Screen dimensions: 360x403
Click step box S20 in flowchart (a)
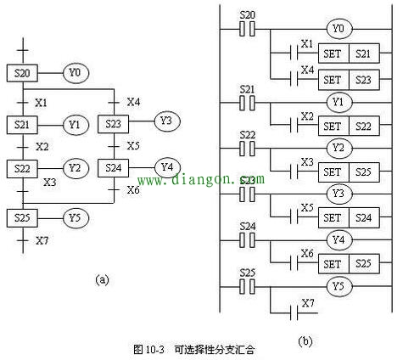coord(22,74)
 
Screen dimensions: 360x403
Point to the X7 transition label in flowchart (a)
coord(42,240)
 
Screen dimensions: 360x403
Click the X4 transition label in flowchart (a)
coord(133,102)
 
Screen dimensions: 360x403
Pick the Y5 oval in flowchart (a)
coord(75,218)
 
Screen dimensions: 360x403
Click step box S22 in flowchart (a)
coord(22,168)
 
